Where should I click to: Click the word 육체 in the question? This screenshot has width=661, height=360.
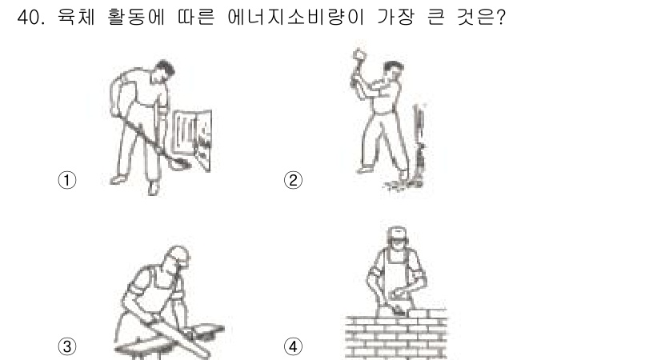click(74, 18)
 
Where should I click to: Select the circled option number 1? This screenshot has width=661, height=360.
click(68, 180)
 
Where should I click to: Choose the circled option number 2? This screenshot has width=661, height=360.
click(294, 180)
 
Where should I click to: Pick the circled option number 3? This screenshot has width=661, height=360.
click(68, 346)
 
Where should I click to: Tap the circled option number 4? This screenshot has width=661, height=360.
click(294, 346)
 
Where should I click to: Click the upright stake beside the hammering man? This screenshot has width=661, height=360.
click(416, 140)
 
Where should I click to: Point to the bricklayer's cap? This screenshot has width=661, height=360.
click(398, 233)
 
